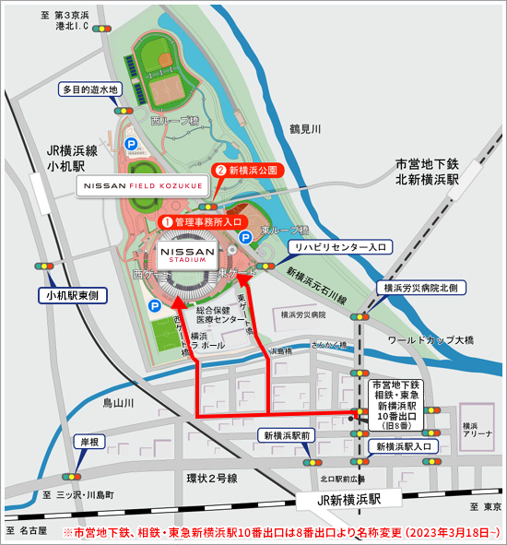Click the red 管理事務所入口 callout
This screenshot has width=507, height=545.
204,221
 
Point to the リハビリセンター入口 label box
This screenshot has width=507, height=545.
340,247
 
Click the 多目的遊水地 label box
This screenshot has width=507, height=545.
90,90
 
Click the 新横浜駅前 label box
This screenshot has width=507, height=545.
289,435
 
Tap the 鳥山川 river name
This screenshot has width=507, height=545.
118,403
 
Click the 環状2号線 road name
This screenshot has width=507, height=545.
212,478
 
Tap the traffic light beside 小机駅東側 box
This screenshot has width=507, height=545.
44,267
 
